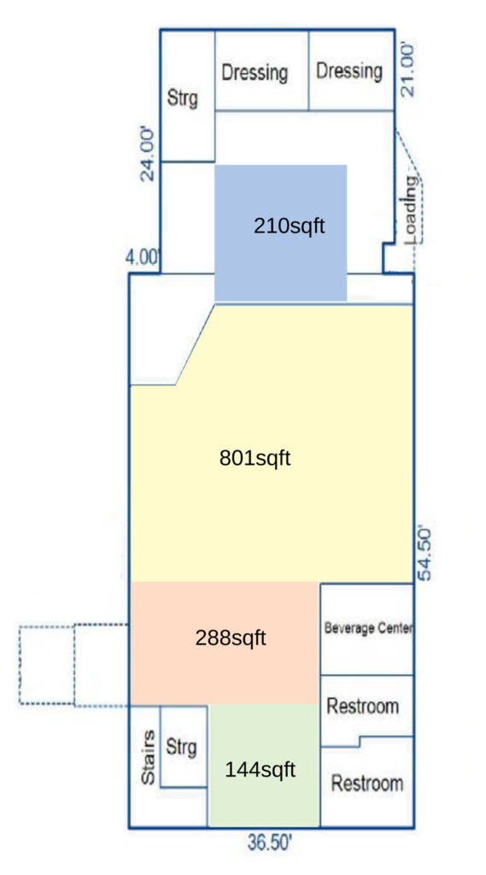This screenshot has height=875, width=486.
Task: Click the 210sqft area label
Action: [289, 226]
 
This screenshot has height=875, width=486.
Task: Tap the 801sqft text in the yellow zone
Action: [255, 459]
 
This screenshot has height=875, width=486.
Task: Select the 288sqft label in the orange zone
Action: [231, 637]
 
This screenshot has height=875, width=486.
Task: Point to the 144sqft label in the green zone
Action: [260, 770]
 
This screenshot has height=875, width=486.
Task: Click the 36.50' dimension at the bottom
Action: [270, 843]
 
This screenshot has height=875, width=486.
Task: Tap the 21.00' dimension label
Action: [408, 71]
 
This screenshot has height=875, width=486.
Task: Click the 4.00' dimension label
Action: [143, 258]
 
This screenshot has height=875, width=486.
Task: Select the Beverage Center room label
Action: [369, 628]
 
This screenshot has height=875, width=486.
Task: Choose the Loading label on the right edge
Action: [411, 210]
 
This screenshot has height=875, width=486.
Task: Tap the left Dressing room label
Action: [255, 73]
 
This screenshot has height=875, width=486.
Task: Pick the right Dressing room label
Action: [349, 71]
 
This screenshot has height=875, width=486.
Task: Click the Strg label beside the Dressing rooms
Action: [183, 99]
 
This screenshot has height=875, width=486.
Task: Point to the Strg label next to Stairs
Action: [181, 747]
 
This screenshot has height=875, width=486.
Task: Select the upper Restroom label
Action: [363, 707]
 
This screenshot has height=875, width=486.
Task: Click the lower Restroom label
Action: [367, 783]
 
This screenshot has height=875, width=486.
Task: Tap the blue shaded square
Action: [281, 232]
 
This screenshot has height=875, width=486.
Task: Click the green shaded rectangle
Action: [264, 765]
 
